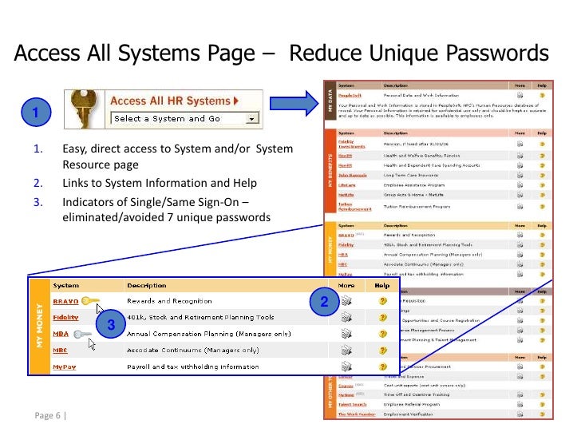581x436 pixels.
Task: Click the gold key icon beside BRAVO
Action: [90, 302]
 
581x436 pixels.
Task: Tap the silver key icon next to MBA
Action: [82, 335]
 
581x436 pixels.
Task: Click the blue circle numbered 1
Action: [35, 110]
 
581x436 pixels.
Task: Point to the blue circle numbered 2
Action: [323, 302]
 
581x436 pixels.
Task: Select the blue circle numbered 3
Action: [111, 323]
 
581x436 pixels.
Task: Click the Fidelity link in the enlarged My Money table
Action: [65, 318]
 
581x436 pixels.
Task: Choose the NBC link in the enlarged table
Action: [61, 351]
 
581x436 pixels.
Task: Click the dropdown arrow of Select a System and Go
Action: [253, 119]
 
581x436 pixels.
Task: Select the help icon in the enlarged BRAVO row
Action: [383, 301]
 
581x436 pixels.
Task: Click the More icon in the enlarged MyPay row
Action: [346, 367]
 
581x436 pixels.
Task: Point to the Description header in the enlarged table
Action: [147, 285]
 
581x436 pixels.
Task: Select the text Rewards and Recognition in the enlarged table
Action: [169, 301]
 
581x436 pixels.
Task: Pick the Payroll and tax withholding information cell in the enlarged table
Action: [189, 367]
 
